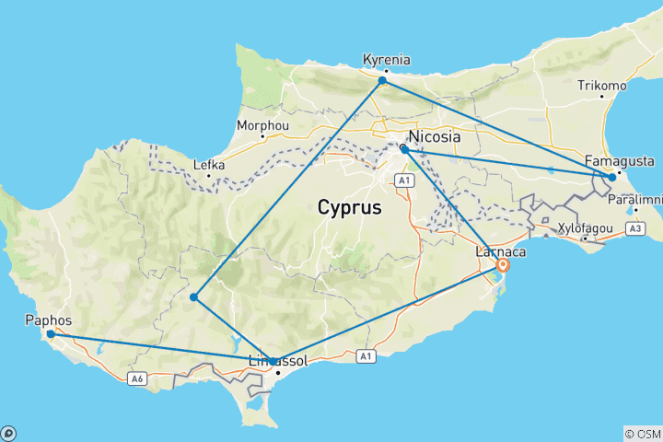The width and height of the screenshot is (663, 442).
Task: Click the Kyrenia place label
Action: point(387,60)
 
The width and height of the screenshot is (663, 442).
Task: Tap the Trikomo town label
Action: point(601,86)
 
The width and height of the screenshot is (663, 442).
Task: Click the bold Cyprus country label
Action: point(349,207)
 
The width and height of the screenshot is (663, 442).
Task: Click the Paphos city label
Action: point(50,320)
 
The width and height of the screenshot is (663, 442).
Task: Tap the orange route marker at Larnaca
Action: point(502,265)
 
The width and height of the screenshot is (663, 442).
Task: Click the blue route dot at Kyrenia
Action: point(382,81)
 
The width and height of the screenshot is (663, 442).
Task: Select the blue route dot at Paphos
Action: point(51,334)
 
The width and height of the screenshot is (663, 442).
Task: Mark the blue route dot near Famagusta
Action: point(612,177)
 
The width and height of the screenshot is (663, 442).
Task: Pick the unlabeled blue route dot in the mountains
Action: point(193,297)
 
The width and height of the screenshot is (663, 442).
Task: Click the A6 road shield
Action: point(136,378)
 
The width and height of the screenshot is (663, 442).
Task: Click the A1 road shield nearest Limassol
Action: point(366,355)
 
